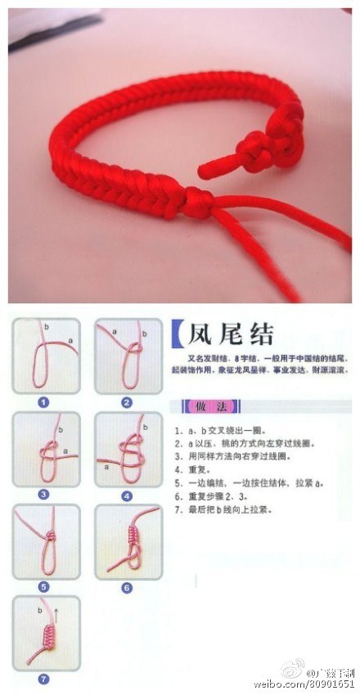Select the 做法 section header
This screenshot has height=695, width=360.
[200, 406]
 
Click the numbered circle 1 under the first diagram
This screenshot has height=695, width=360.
[44, 402]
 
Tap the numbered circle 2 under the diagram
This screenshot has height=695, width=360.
[127, 402]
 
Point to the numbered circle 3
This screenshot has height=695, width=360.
[44, 494]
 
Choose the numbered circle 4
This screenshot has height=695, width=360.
[127, 494]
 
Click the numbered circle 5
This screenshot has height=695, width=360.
[44, 586]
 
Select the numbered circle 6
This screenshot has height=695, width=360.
[127, 586]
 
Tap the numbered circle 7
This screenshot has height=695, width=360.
[44, 678]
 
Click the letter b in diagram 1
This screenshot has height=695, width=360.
[47, 326]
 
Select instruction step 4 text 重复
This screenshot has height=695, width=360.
[194, 470]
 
